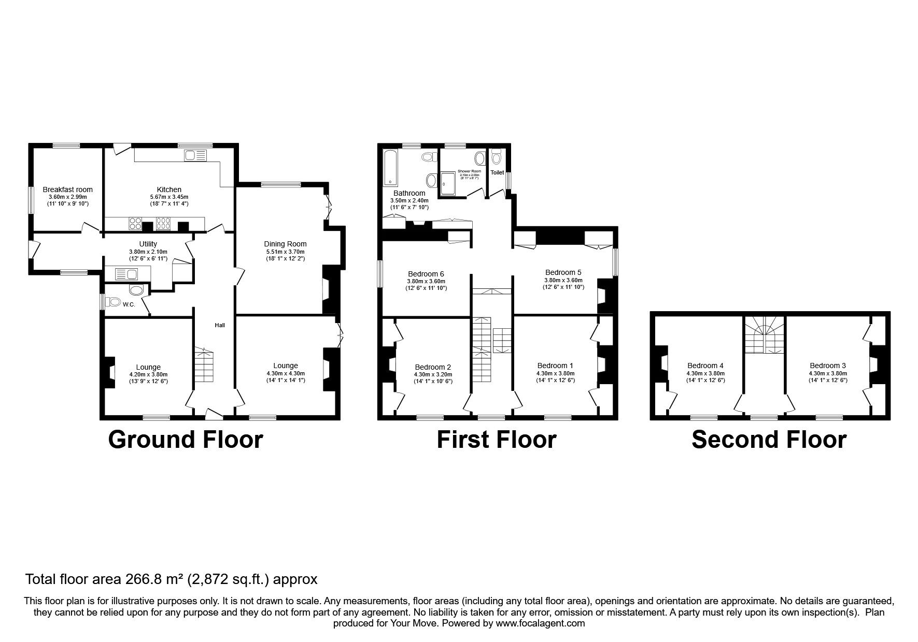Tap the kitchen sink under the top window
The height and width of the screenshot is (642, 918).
tap(195, 155)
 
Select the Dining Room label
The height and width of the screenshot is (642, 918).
tap(285, 244)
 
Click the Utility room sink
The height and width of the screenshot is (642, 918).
tap(126, 274)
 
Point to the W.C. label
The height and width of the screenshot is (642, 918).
tap(129, 304)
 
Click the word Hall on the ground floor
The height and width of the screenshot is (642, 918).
tap(220, 325)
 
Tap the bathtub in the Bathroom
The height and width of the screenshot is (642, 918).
tap(389, 167)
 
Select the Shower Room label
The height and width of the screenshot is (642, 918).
tap(469, 171)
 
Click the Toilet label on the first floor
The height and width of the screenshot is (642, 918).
tap(497, 172)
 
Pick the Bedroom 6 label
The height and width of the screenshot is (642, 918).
tap(426, 274)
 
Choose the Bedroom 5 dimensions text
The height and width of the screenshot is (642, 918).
tap(563, 283)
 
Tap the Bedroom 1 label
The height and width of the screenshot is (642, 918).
tap(555, 365)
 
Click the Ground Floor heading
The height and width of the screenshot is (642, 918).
tap(186, 440)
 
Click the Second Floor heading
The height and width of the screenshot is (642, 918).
tap(769, 440)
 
